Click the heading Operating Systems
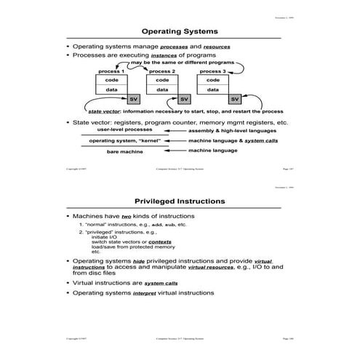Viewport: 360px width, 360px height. [x=180, y=31]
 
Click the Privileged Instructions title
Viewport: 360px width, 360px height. [x=180, y=201]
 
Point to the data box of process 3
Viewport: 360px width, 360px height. [x=212, y=90]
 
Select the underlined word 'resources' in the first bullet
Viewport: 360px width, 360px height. [x=217, y=47]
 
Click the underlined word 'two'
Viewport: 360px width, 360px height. [x=126, y=217]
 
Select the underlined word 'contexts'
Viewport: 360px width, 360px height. [x=150, y=241]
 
